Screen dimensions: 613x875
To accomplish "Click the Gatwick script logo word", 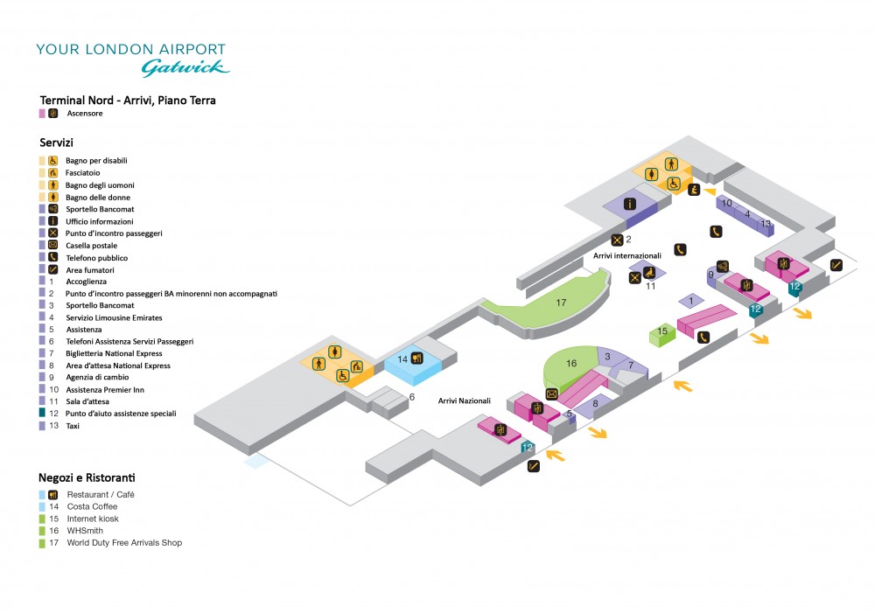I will (185, 66).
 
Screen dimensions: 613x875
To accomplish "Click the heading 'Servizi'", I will (56, 142).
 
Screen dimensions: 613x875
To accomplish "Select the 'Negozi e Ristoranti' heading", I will (87, 477).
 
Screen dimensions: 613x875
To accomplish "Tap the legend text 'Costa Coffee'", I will (92, 506).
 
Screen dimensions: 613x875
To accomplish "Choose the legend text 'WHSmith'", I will (86, 531).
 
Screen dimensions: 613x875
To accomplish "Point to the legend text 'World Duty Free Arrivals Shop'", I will (123, 543).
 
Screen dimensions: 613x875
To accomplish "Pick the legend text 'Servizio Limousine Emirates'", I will (114, 318).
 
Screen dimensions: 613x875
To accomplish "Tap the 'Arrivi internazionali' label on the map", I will (626, 255).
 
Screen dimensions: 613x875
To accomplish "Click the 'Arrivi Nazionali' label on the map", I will (464, 401).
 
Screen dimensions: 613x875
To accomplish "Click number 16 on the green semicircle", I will (572, 362).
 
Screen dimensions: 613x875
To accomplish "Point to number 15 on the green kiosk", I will (662, 331).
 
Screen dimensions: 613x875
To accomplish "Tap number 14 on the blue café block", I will (402, 359).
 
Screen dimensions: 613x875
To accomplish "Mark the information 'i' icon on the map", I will (629, 205).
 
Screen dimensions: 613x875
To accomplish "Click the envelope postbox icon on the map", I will (551, 394).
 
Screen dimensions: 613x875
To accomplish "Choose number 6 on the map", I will (411, 397).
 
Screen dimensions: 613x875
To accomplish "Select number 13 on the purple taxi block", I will (766, 224).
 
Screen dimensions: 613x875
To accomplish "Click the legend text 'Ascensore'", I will (85, 114).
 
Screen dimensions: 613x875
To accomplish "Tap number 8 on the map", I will (595, 403).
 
